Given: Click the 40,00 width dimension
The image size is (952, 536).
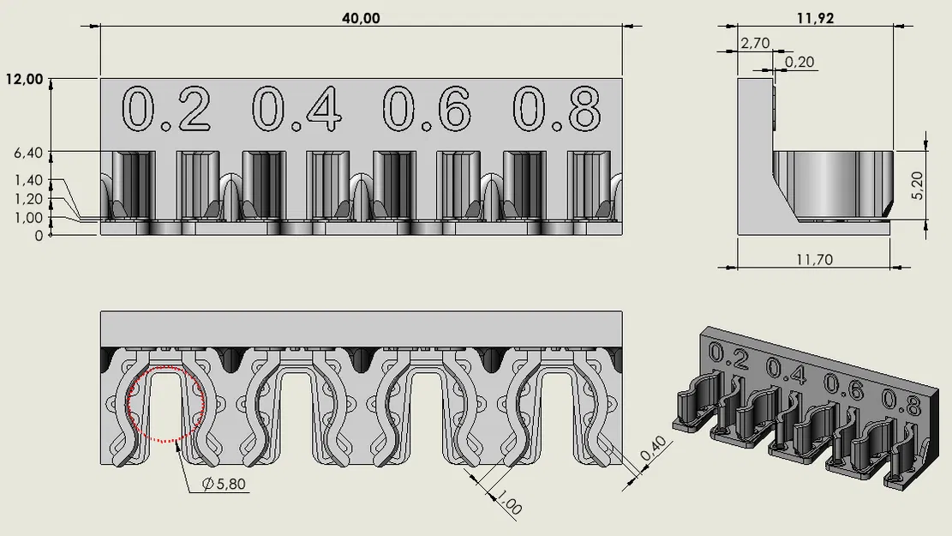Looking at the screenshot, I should tap(361, 18).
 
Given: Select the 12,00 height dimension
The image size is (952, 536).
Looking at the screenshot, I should tap(24, 79).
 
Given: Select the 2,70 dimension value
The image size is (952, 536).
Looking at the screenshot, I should tap(755, 42).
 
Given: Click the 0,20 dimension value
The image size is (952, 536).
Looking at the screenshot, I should tap(799, 63).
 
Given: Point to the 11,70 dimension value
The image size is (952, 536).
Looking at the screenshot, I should tap(814, 258).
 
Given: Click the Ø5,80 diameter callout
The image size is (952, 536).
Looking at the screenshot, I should tap(224, 485).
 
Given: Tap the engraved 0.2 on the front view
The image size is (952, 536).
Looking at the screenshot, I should tap(166, 110).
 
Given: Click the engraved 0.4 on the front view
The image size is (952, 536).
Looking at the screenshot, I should tap(296, 110).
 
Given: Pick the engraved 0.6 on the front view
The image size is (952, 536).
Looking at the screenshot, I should tap(427, 110).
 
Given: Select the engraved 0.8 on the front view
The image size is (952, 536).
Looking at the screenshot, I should tap(556, 110).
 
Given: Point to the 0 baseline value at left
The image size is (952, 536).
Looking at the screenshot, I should tap(38, 235).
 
